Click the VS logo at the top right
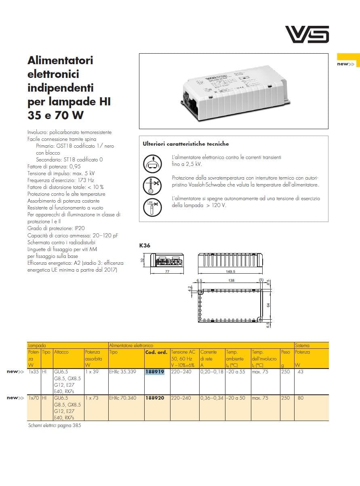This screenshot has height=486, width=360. pyautogui.click(x=307, y=34)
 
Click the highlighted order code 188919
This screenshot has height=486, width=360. pyautogui.click(x=155, y=372)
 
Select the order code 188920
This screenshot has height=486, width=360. pyautogui.click(x=155, y=398)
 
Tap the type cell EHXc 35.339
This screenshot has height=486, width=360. pyautogui.click(x=123, y=372)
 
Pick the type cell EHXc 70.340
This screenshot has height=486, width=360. pyautogui.click(x=123, y=398)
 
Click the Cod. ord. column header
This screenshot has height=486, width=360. pyautogui.click(x=156, y=352)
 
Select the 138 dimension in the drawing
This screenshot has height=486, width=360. pyautogui.click(x=232, y=280)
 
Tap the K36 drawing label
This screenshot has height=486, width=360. pyautogui.click(x=144, y=245)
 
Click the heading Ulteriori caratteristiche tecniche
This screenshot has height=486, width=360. pyautogui.click(x=186, y=144)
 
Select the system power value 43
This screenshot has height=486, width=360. pyautogui.click(x=300, y=372)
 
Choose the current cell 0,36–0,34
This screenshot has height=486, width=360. pyautogui.click(x=212, y=398)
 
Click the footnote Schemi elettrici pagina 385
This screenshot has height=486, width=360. pyautogui.click(x=55, y=425)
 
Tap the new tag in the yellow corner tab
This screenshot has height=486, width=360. pyautogui.click(x=345, y=64)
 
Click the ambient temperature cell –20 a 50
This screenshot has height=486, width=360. pyautogui.click(x=238, y=398)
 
